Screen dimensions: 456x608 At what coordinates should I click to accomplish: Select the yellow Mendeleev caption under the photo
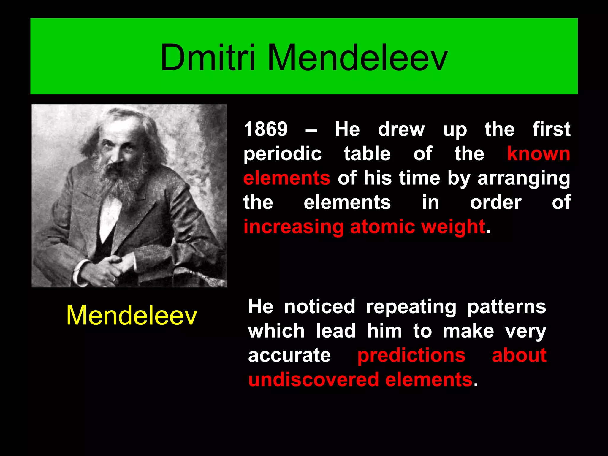pyautogui.click(x=132, y=315)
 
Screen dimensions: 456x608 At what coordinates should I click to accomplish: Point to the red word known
pyautogui.click(x=539, y=154)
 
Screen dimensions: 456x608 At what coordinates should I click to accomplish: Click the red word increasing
pyautogui.click(x=293, y=227)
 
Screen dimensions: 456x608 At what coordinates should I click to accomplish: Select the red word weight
pyautogui.click(x=453, y=227)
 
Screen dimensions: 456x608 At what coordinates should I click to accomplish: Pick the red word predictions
pyautogui.click(x=411, y=355)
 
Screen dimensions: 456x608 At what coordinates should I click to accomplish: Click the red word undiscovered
pyautogui.click(x=313, y=380)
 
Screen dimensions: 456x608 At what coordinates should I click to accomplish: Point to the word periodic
pyautogui.click(x=282, y=154)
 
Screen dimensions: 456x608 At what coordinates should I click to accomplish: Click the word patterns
pyautogui.click(x=506, y=307)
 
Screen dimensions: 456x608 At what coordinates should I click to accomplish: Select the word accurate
pyautogui.click(x=289, y=355)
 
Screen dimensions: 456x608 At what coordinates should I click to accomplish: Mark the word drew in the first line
pyautogui.click(x=401, y=129)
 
